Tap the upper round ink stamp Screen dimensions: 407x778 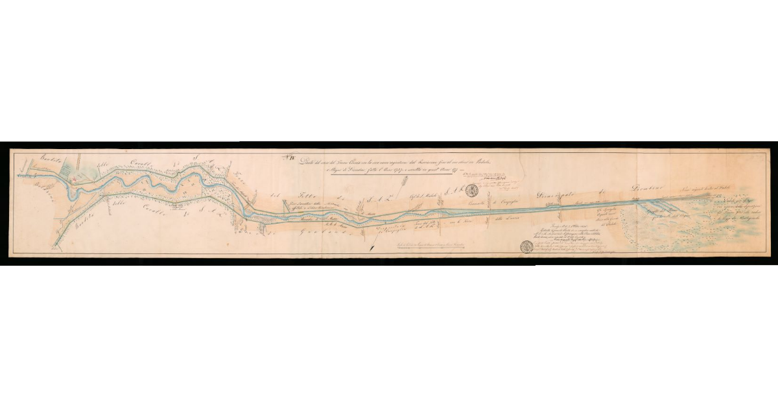473,191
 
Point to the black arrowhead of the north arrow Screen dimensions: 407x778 371,249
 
